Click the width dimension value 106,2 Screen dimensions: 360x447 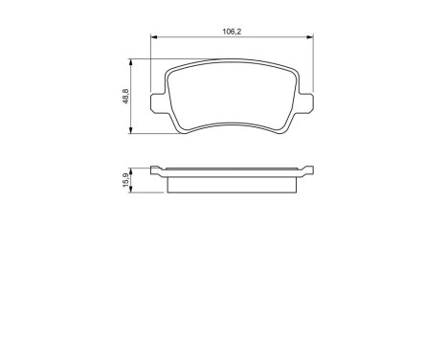click(x=231, y=31)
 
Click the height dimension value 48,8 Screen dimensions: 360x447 click(x=125, y=98)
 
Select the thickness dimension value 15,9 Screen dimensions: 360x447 click(x=125, y=181)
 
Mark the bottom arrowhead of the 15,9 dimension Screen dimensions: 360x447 click(x=134, y=191)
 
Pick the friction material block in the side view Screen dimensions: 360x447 click(x=233, y=183)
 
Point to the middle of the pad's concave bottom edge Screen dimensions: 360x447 click(x=233, y=120)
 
